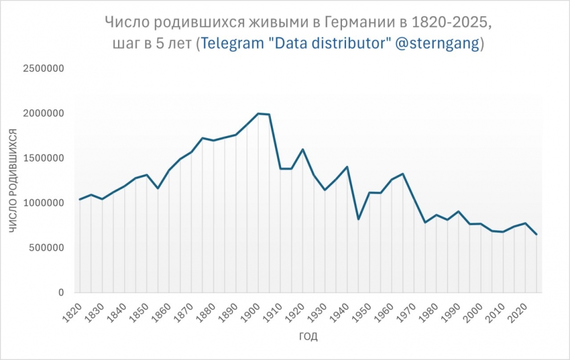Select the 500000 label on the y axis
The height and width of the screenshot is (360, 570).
click(47, 248)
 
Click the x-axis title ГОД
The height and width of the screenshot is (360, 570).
click(308, 337)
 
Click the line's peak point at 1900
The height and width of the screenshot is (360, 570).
click(258, 113)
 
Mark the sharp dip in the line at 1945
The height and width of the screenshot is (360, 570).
click(359, 219)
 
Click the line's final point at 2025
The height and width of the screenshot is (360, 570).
click(536, 234)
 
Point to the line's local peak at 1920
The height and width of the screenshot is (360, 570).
click(303, 149)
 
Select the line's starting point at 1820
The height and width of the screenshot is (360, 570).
click(80, 199)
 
